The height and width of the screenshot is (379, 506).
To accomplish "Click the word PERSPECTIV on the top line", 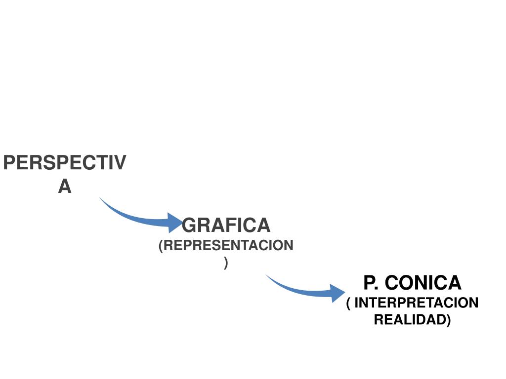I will click(65, 163).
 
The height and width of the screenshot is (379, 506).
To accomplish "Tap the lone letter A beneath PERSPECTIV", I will click(65, 187).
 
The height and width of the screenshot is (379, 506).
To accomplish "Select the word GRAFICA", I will click(226, 226).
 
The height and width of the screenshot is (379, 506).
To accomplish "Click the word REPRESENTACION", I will click(228, 246).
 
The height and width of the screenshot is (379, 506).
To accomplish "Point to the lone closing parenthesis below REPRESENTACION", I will click(226, 263).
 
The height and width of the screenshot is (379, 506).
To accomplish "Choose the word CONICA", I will click(422, 283).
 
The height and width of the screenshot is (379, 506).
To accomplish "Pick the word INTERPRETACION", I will click(417, 303).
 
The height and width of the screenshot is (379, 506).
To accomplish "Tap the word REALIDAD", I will click(410, 319).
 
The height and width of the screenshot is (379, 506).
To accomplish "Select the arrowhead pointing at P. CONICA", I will click(338, 293).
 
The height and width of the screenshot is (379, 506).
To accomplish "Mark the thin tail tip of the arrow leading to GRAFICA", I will click(100, 198).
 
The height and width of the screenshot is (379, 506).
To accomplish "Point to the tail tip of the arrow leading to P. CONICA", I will click(267, 275).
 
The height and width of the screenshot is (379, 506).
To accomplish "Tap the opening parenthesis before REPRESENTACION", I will click(161, 246).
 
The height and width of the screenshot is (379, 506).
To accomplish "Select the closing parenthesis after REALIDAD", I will click(449, 320).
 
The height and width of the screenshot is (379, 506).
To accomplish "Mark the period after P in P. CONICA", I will click(379, 289).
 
